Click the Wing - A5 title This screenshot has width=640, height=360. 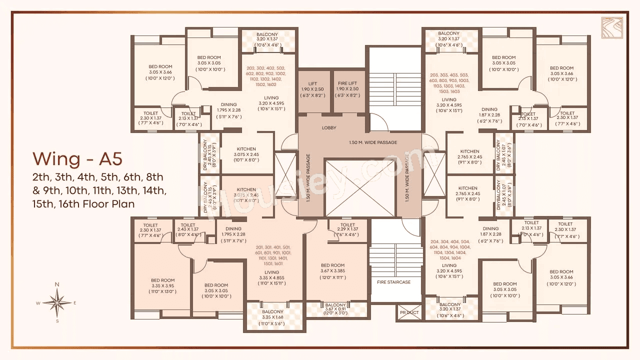77,158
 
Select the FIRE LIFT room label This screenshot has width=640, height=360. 348,83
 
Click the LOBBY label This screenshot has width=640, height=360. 328,128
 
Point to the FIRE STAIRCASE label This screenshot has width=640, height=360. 393,282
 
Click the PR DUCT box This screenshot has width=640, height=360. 409,312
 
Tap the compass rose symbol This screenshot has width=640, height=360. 57,302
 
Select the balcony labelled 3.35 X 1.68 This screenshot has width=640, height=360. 272,316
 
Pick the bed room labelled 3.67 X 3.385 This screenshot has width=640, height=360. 332,270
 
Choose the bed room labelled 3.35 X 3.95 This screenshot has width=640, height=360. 162,285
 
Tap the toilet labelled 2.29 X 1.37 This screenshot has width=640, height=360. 348,229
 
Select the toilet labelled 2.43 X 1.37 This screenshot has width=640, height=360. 188,229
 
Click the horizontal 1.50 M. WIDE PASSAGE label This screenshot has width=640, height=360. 372,142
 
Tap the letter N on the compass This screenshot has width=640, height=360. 57,284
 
